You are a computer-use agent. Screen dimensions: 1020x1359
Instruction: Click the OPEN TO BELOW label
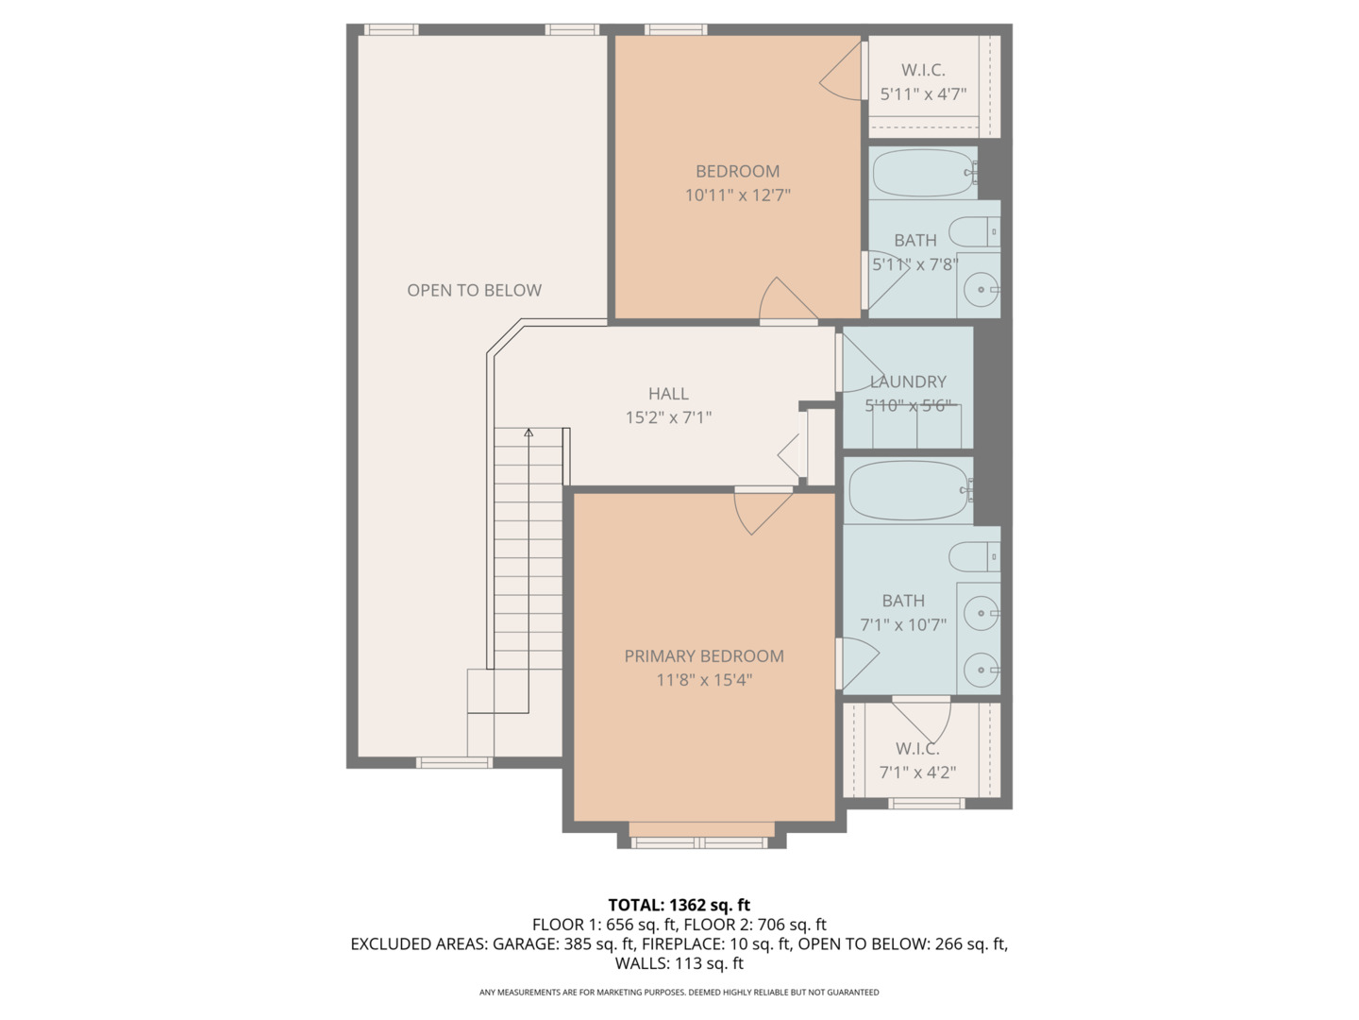pyautogui.click(x=474, y=290)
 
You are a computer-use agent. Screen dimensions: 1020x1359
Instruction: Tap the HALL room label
pyautogui.click(x=668, y=393)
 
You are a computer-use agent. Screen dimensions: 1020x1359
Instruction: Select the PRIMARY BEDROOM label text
pyautogui.click(x=704, y=655)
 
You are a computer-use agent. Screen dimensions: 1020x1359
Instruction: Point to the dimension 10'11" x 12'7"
pyautogui.click(x=737, y=195)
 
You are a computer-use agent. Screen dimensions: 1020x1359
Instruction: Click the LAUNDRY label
pyautogui.click(x=908, y=382)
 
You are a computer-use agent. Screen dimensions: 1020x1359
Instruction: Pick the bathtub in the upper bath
pyautogui.click(x=922, y=173)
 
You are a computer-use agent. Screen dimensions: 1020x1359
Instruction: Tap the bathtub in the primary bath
pyautogui.click(x=908, y=490)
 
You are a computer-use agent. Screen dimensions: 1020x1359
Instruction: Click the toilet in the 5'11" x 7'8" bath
pyautogui.click(x=972, y=231)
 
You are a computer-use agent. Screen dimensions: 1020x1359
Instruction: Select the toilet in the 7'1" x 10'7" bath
pyautogui.click(x=972, y=557)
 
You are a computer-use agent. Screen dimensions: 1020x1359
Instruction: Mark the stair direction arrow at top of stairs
pyautogui.click(x=528, y=433)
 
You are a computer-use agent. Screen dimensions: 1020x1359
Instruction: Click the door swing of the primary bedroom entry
pyautogui.click(x=763, y=510)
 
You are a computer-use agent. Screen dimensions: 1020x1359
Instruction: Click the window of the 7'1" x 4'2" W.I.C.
pyautogui.click(x=927, y=804)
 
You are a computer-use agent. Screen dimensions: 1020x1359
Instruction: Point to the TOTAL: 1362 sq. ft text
pyautogui.click(x=679, y=905)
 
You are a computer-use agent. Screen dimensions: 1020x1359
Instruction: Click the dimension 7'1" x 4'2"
pyautogui.click(x=917, y=773)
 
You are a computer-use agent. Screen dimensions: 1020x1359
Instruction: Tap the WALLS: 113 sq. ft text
pyautogui.click(x=679, y=963)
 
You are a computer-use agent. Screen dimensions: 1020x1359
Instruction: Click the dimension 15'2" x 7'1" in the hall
pyautogui.click(x=668, y=417)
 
